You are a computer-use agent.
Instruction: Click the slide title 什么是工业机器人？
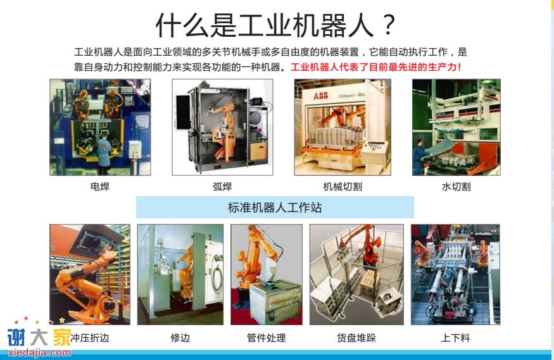tap(275, 25)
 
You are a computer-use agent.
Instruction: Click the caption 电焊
tap(100, 187)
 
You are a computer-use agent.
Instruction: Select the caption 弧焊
tap(222, 187)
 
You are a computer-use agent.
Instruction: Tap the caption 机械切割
tap(343, 187)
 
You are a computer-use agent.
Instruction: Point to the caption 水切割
tap(456, 187)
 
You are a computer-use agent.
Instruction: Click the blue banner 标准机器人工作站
tap(275, 207)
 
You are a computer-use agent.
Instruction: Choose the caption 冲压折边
tap(90, 338)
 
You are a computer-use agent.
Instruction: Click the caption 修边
tap(180, 338)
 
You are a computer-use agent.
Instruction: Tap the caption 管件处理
tap(267, 338)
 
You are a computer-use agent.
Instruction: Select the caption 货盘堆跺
tap(356, 338)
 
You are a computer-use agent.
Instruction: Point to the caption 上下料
tap(455, 338)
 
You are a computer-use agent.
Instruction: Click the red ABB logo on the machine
tap(321, 96)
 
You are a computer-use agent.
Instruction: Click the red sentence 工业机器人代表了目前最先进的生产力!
tap(376, 67)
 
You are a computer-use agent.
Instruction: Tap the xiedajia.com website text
tap(39, 352)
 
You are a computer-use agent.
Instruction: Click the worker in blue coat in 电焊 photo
tap(104, 154)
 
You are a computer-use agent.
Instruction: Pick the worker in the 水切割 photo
tap(419, 157)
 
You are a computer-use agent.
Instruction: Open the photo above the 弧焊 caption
tap(223, 127)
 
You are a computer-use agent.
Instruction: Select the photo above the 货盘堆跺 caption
tap(356, 275)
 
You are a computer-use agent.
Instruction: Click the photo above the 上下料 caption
tap(455, 275)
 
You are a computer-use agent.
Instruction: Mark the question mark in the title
tap(389, 25)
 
